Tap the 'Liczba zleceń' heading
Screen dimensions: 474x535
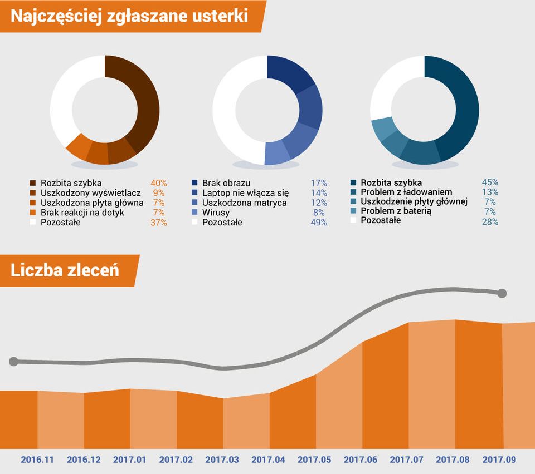point(65,270)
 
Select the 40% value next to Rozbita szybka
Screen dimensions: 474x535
point(159,183)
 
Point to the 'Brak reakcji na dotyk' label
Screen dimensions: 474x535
point(82,213)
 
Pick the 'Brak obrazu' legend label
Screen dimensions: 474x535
point(226,183)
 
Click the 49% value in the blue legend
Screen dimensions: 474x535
point(319,223)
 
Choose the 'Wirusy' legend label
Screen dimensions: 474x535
point(216,213)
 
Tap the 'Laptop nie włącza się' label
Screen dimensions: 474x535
point(245,193)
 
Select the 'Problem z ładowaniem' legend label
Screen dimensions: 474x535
point(402,192)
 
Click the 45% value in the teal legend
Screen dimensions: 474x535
point(490,182)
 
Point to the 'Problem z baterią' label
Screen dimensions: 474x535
point(396,211)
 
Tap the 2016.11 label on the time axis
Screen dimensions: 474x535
point(38,460)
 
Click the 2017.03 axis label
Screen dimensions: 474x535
point(222,460)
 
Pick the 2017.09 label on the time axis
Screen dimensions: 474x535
point(499,460)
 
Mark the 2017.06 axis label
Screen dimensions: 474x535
point(361,460)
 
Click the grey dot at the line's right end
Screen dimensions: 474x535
point(502,293)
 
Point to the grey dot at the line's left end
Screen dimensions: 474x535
point(14,362)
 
